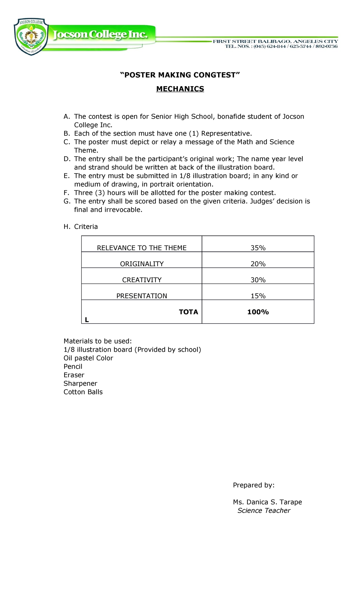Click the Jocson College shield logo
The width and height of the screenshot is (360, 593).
[x=31, y=37]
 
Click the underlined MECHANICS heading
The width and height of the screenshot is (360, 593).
[x=180, y=89]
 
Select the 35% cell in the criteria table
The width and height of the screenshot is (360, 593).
[x=258, y=248]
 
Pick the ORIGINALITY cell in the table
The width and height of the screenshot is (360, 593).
[x=142, y=264]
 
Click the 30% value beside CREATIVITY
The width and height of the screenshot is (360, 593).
[x=258, y=280]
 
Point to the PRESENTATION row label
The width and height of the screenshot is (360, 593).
[x=142, y=296]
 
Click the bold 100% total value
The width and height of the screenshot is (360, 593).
[x=258, y=312]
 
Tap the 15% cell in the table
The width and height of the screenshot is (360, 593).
[x=258, y=296]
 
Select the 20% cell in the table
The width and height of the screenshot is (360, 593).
[x=258, y=264]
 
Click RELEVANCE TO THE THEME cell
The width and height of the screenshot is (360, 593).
[x=142, y=248]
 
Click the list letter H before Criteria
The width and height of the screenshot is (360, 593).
[x=66, y=227]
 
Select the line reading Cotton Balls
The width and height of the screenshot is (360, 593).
[x=83, y=392]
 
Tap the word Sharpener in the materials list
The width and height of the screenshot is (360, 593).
[x=80, y=384]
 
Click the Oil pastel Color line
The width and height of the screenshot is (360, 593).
[x=88, y=358]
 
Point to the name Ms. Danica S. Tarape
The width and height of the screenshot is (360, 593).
[x=267, y=502]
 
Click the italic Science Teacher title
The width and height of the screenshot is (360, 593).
[x=264, y=510]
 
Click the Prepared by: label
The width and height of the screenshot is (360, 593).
[x=253, y=485]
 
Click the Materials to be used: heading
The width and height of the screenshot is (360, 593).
[x=97, y=341]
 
